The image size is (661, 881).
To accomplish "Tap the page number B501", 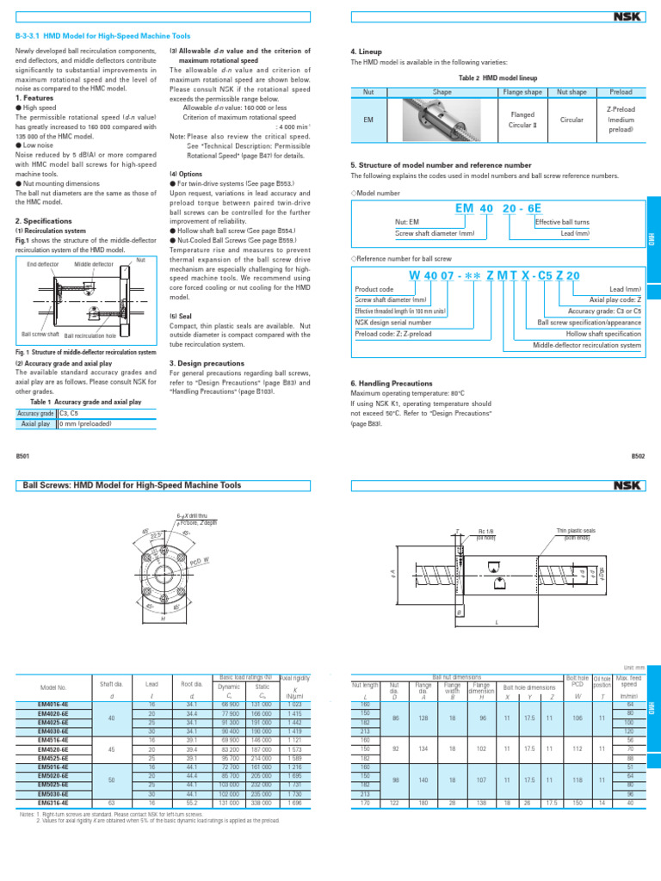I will (x=23, y=457).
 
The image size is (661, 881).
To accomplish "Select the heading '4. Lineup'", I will (x=366, y=51).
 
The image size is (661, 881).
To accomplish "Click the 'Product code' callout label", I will (x=374, y=289).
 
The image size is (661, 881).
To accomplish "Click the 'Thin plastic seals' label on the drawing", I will (x=576, y=533).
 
